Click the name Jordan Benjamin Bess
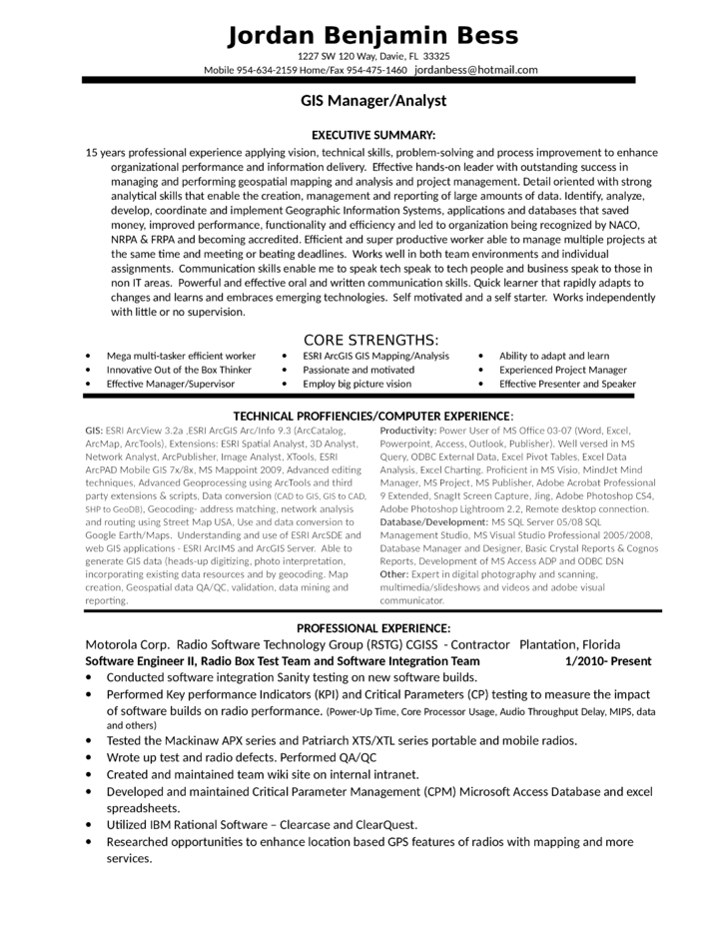click(x=372, y=36)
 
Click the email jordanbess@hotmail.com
click(x=476, y=70)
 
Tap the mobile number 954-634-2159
click(x=273, y=71)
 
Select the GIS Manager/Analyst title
click(x=372, y=101)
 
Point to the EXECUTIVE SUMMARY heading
click(x=372, y=135)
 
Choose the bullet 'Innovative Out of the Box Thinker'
click(x=179, y=370)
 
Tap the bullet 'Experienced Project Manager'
click(x=563, y=370)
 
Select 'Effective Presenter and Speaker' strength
click(x=567, y=384)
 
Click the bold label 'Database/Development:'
click(x=433, y=521)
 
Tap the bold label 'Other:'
click(x=394, y=574)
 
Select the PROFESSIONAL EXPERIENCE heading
click(x=373, y=627)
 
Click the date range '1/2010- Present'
click(x=607, y=661)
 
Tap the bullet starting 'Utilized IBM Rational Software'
click(x=262, y=825)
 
